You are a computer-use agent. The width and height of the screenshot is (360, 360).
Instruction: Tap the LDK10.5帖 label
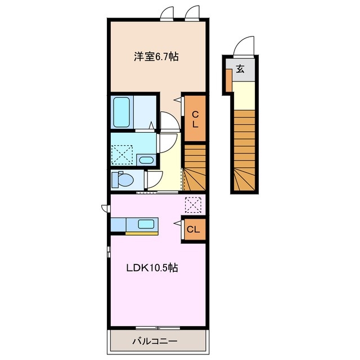(x=151, y=268)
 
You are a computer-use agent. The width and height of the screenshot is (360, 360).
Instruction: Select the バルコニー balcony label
(x=155, y=341)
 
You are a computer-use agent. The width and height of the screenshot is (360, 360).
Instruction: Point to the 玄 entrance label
(x=240, y=69)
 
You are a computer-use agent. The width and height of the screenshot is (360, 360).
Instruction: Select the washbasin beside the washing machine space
(x=146, y=160)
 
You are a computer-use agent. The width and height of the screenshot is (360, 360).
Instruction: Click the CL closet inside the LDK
(x=192, y=229)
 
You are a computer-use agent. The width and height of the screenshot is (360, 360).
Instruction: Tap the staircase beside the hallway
(x=195, y=167)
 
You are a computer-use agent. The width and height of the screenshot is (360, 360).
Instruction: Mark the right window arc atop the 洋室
(x=192, y=12)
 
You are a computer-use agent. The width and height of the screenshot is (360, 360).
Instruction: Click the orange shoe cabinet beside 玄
(x=228, y=80)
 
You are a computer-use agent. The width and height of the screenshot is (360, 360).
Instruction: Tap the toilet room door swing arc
(x=152, y=178)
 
